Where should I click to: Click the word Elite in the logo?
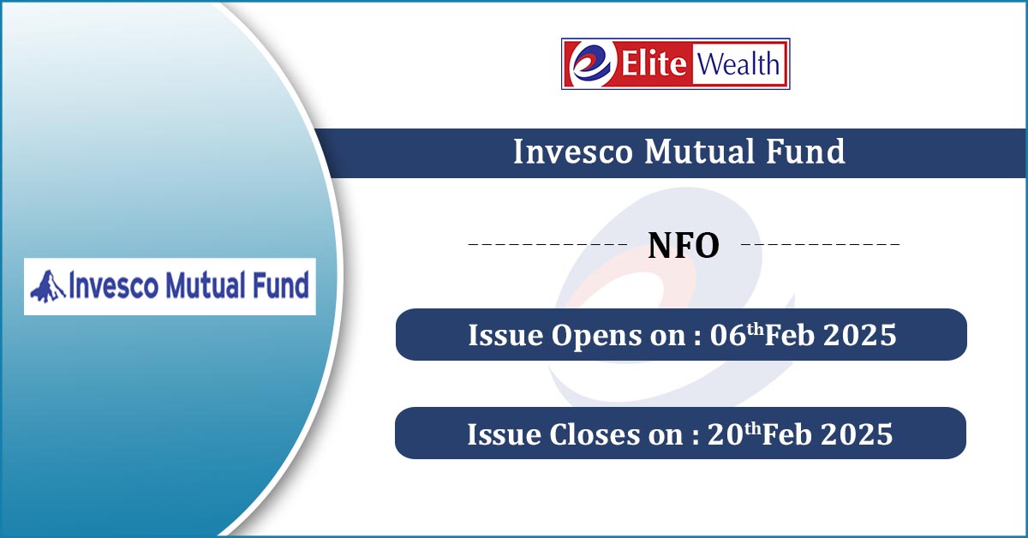click(654, 63)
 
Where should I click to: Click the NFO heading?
click(684, 246)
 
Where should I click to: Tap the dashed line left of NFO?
click(547, 244)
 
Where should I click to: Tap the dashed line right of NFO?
click(820, 244)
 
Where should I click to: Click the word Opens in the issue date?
click(596, 337)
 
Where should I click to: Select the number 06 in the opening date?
click(728, 335)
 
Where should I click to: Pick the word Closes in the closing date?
click(595, 433)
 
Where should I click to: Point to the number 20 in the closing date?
click(725, 433)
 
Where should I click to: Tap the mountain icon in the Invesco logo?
click(48, 286)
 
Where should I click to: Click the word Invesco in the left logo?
click(113, 285)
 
